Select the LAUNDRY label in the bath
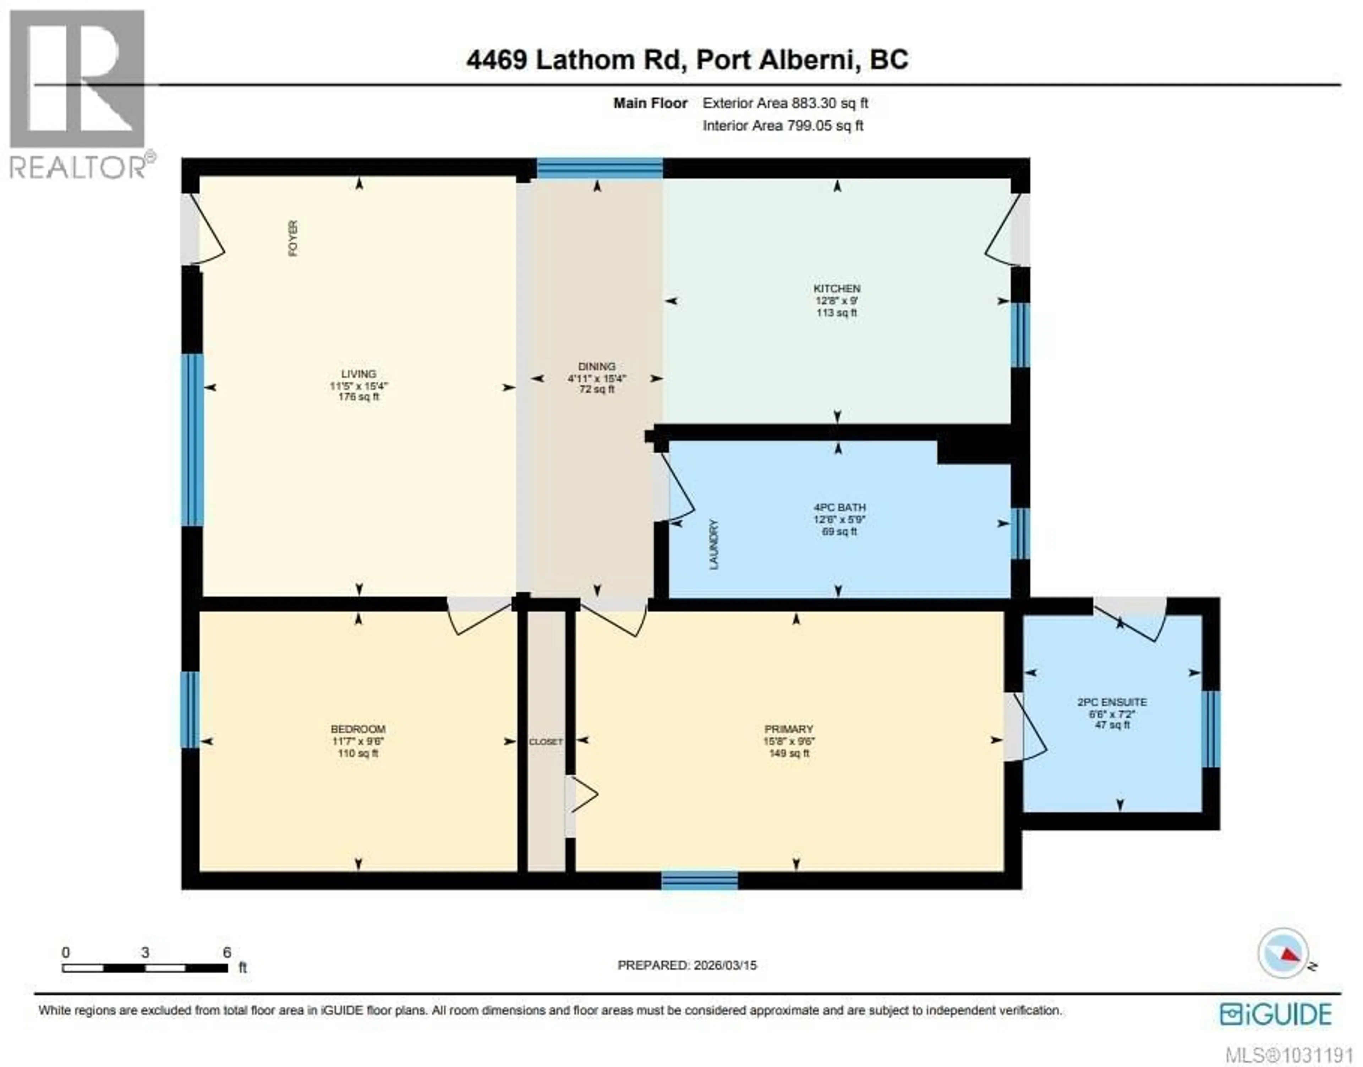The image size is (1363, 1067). pos(714,544)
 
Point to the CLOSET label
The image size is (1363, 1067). pos(546,742)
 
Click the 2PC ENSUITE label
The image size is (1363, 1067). pos(1112,702)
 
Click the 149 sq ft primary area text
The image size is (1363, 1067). pos(789,753)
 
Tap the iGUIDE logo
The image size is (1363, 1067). pos(1275,1013)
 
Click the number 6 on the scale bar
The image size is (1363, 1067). pos(227,952)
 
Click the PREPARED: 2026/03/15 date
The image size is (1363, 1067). pos(687,965)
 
